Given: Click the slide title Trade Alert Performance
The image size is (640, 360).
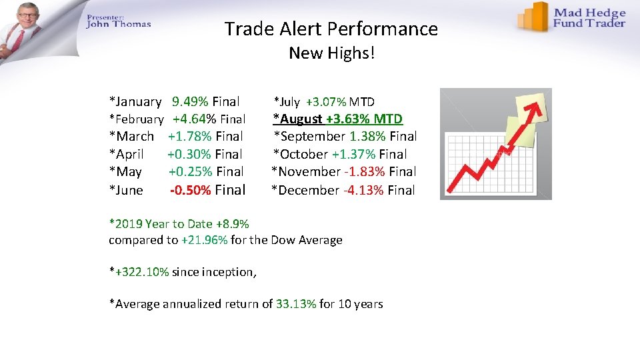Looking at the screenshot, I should pos(331,29).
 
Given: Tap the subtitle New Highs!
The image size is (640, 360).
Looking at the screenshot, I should pos(331,53).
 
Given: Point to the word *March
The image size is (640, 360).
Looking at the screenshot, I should pos(131,137).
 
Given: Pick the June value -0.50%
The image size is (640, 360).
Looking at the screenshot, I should pos(191,190).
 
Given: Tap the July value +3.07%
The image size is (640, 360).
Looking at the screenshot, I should pos(325,102).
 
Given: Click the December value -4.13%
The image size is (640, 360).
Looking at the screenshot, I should pos(363,190).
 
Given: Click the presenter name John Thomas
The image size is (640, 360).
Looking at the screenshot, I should pos(118,25).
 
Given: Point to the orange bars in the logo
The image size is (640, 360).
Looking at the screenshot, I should pos(534,16).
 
